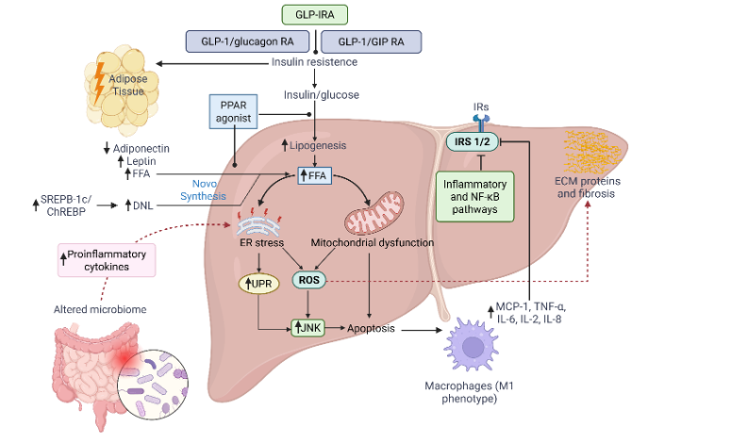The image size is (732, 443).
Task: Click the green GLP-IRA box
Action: pyautogui.click(x=314, y=14)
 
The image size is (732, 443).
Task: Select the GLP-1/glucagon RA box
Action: pyautogui.click(x=247, y=41)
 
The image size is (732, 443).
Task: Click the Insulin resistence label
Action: pyautogui.click(x=314, y=63)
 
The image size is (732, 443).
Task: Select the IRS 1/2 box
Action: pyautogui.click(x=471, y=140)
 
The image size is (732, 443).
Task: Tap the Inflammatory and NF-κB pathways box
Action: pyautogui.click(x=475, y=195)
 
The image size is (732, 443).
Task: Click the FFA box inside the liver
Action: pyautogui.click(x=314, y=175)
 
